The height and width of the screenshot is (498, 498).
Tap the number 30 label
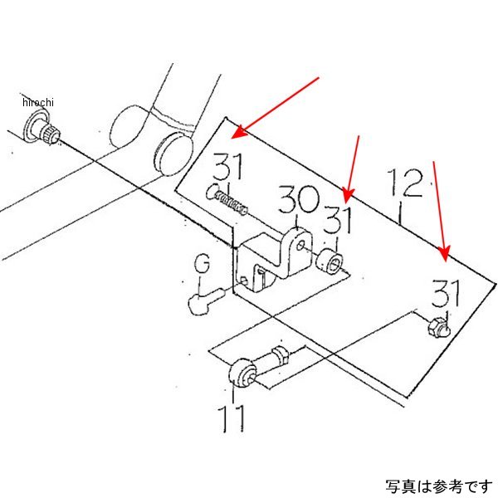(298, 201)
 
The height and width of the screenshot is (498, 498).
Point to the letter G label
(202, 266)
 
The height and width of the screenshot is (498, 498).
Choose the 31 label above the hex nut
(447, 295)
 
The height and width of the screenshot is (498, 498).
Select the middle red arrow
(352, 167)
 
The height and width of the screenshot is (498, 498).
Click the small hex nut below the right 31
(436, 330)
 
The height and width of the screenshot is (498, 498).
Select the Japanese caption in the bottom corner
(437, 485)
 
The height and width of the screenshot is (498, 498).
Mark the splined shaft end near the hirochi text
(41, 131)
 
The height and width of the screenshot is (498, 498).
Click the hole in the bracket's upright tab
(296, 247)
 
